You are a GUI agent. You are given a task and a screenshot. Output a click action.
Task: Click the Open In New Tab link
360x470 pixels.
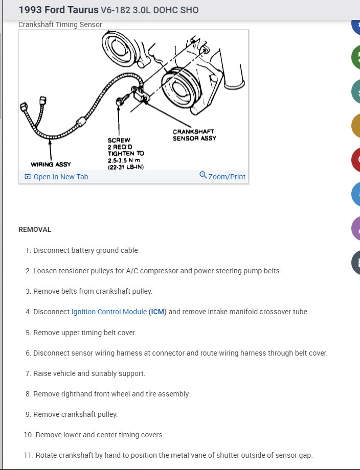[60, 177]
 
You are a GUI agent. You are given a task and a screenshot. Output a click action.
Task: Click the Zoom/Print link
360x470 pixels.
[227, 177]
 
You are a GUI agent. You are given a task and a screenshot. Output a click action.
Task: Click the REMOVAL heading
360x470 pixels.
[35, 229]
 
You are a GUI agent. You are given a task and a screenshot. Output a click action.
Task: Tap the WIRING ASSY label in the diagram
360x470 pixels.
[51, 165]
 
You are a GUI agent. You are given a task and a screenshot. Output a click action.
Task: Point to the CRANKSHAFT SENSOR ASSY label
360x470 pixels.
[194, 135]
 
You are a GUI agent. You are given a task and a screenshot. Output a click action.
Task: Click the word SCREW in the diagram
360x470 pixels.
[119, 140]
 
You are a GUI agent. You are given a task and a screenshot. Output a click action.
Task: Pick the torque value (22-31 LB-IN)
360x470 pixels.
[126, 167]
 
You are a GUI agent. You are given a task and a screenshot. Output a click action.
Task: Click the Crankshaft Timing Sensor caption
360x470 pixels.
[60, 25]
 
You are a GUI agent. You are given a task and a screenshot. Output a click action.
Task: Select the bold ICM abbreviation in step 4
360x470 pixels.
[158, 312]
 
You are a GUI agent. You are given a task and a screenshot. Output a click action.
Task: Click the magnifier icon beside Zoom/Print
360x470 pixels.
[203, 176]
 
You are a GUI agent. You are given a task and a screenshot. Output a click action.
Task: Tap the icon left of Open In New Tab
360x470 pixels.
[28, 177]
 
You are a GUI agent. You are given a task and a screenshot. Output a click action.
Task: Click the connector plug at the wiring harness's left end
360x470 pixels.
[24, 107]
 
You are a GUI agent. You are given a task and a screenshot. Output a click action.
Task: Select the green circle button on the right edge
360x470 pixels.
[356, 57]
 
